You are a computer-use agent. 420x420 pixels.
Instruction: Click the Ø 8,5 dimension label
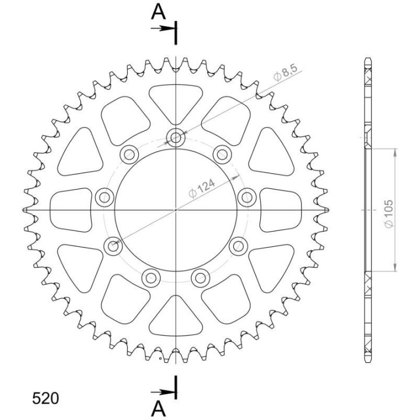pyautogui.click(x=285, y=72)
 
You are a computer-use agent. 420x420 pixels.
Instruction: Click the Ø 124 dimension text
pyautogui.click(x=202, y=188)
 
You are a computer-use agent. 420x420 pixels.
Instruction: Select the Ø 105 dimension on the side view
pyautogui.click(x=389, y=213)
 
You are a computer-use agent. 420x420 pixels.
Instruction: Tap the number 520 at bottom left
pyautogui.click(x=45, y=398)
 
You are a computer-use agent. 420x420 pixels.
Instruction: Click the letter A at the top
pyautogui.click(x=158, y=12)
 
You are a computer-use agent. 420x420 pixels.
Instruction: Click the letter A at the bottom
pyautogui.click(x=158, y=409)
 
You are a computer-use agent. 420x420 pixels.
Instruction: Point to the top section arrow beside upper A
pyautogui.click(x=163, y=28)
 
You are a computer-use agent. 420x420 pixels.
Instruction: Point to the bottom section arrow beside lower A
pyautogui.click(x=163, y=393)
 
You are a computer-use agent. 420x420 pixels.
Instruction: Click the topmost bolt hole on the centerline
pyautogui.click(x=176, y=138)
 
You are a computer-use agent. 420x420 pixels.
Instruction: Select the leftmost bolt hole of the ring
pyautogui.click(x=104, y=198)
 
